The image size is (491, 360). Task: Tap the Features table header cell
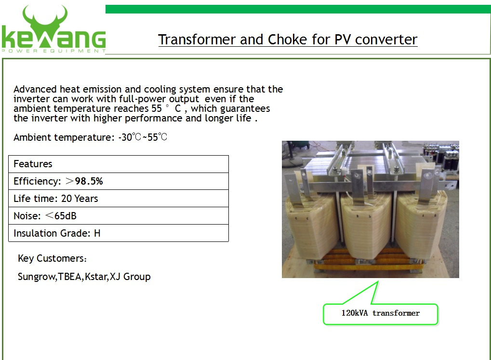point(119,164)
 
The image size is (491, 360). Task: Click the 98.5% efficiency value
point(89,181)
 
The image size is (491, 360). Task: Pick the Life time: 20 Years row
point(119,199)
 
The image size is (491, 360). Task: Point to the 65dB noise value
point(66,216)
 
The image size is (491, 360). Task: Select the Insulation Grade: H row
point(119,233)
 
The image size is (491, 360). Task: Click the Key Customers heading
point(52,258)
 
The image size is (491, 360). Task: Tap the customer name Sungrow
point(37,277)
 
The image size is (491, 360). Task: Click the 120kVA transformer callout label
point(381,313)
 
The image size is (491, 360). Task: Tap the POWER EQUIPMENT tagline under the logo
point(53,51)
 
